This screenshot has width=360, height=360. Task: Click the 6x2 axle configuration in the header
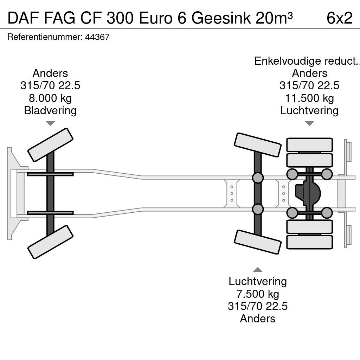click(339, 18)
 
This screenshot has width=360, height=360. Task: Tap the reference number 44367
click(97, 37)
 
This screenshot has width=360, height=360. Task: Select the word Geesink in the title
click(221, 18)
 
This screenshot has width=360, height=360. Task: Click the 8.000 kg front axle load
click(50, 98)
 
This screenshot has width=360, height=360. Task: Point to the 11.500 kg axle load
click(309, 98)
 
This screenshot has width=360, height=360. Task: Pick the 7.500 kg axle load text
click(258, 294)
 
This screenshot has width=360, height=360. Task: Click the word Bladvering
click(50, 110)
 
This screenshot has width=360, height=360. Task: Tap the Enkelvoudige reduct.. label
click(307, 61)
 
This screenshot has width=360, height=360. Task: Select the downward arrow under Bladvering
click(50, 123)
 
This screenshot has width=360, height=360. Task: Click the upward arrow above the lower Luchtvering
click(258, 270)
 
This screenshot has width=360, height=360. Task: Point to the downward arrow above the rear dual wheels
click(309, 123)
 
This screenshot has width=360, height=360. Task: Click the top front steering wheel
click(50, 145)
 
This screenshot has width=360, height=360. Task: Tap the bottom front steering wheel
click(50, 242)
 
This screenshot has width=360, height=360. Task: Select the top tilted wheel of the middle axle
click(258, 145)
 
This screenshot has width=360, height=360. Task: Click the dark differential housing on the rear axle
click(308, 193)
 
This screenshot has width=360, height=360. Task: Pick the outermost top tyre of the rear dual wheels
click(309, 144)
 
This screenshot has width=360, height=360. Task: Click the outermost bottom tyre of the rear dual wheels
click(309, 242)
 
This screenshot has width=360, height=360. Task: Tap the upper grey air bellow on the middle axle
click(258, 178)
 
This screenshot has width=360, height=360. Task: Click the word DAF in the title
click(23, 18)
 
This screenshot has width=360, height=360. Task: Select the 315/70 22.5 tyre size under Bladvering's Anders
click(50, 86)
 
